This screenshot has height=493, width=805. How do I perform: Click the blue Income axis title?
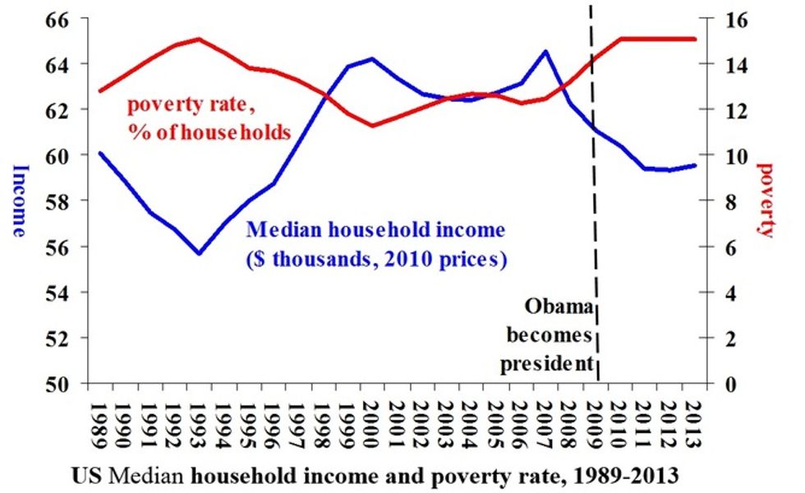[20, 200]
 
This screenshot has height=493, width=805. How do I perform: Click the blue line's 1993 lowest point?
[198, 253]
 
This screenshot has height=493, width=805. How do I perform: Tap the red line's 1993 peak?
[198, 39]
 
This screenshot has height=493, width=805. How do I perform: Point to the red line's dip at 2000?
[371, 126]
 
